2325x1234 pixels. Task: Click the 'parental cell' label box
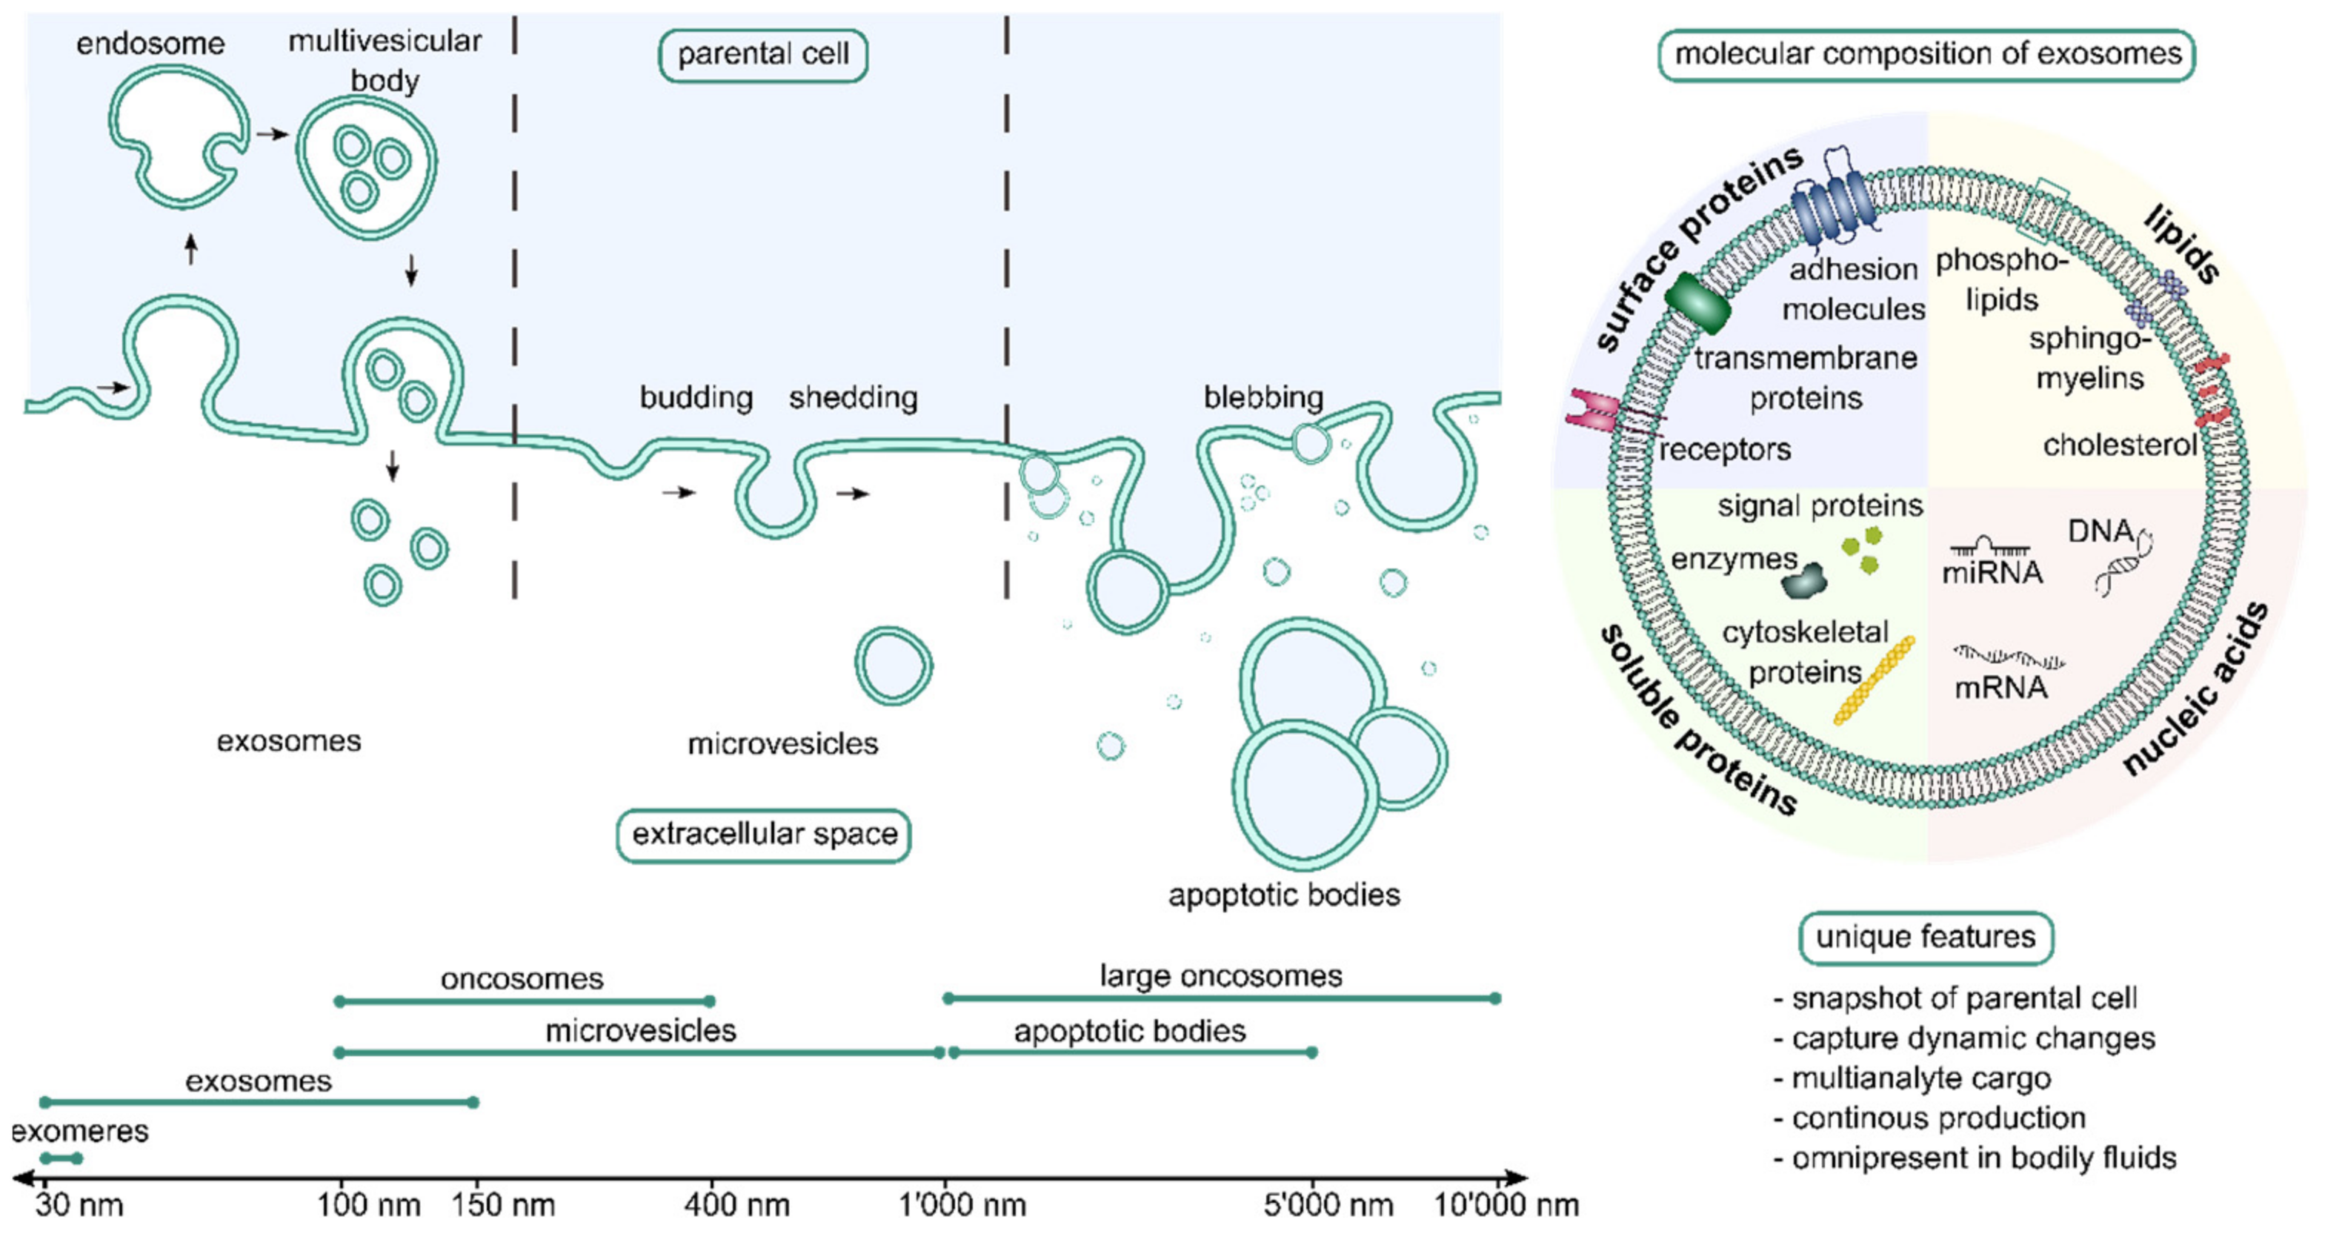(762, 55)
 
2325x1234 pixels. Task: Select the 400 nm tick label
(736, 1205)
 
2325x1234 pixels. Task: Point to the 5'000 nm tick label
(1328, 1205)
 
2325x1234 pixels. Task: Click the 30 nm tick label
(79, 1205)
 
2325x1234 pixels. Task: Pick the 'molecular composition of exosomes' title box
(1927, 55)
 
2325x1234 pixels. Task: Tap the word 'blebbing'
(1263, 397)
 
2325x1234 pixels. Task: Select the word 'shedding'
(853, 397)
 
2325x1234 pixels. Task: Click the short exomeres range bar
(61, 1158)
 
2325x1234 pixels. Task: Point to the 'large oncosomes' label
(1220, 976)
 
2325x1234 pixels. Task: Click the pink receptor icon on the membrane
(1595, 411)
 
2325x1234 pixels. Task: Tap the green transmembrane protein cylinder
(1697, 303)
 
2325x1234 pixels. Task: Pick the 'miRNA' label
(1992, 573)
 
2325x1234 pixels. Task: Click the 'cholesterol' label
(2119, 445)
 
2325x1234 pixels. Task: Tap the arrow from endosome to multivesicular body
(272, 134)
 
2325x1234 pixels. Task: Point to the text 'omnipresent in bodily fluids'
(1983, 1158)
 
